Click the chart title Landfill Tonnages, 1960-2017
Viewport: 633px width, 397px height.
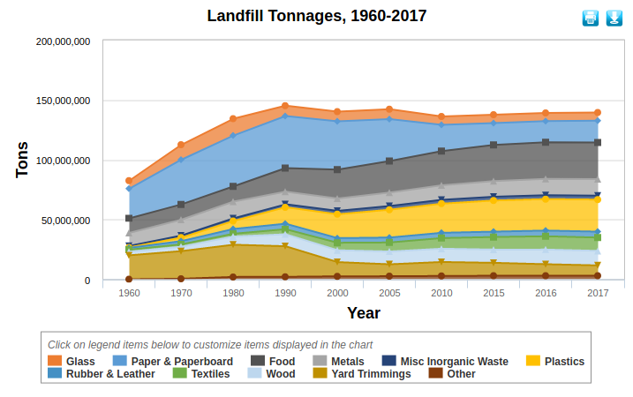click(x=316, y=16)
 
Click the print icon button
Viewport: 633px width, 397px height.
click(x=591, y=18)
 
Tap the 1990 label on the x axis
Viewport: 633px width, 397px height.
click(x=285, y=292)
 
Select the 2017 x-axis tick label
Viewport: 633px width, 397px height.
click(x=598, y=292)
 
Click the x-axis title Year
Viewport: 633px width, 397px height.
click(x=364, y=312)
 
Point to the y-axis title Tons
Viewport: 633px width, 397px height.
click(x=23, y=160)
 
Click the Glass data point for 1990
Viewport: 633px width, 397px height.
click(x=285, y=106)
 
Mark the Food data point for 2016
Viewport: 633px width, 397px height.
click(x=546, y=142)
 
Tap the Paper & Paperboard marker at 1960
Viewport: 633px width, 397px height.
click(x=130, y=189)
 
